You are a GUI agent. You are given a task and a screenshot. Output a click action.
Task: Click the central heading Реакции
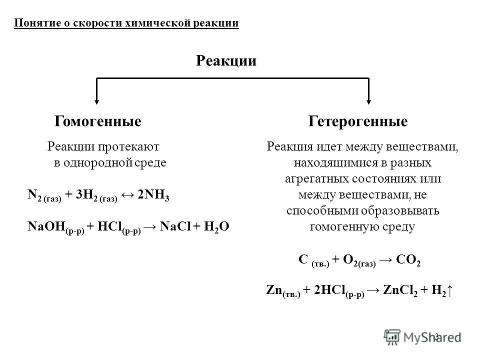pyautogui.click(x=226, y=60)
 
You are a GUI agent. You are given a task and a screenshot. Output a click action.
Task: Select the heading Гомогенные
pyautogui.click(x=98, y=121)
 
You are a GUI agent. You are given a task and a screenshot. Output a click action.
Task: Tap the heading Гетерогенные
pyautogui.click(x=358, y=121)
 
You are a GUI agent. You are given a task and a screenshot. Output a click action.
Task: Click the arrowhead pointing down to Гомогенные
pyautogui.click(x=96, y=101)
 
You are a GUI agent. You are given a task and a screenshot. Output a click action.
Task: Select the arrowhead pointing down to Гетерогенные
pyautogui.click(x=368, y=101)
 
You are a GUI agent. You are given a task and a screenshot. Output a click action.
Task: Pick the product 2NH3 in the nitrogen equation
pyautogui.click(x=153, y=195)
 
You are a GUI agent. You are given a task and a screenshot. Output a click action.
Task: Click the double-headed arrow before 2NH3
pyautogui.click(x=127, y=194)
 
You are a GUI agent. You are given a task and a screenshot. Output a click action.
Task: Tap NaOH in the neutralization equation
pyautogui.click(x=46, y=226)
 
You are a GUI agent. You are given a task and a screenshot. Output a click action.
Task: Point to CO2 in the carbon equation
pyautogui.click(x=408, y=260)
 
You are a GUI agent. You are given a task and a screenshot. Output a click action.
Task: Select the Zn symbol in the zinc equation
pyautogui.click(x=274, y=290)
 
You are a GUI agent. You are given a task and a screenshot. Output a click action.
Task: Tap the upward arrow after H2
pyautogui.click(x=449, y=290)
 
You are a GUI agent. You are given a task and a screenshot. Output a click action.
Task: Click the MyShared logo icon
pyautogui.click(x=392, y=337)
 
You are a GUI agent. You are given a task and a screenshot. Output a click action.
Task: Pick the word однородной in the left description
pyautogui.click(x=98, y=162)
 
